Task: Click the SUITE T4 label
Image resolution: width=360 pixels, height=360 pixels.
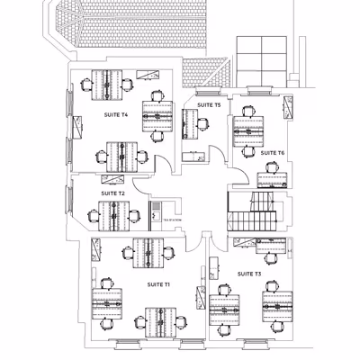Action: (116, 115)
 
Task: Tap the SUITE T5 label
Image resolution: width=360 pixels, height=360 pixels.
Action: (209, 105)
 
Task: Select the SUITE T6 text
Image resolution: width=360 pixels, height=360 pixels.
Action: (273, 153)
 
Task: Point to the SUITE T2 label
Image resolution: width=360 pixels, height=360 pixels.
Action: (112, 193)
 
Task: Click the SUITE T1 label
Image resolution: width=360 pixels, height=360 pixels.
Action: (158, 284)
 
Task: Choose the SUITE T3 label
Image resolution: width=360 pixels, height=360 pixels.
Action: (249, 273)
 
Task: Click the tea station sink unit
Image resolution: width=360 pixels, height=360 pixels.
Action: (155, 212)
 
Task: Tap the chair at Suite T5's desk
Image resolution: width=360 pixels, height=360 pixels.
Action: (203, 124)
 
